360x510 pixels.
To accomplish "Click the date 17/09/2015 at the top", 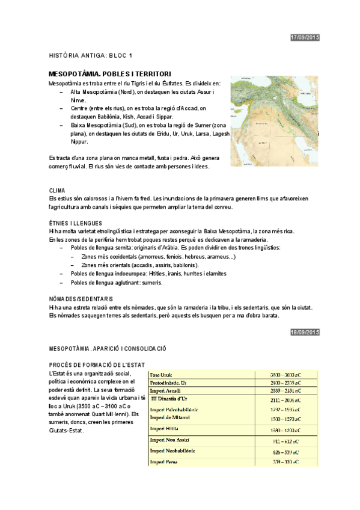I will [x=305, y=38].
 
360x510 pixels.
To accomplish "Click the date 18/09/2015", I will [x=305, y=332].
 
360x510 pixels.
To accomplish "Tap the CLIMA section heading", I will [x=57, y=190].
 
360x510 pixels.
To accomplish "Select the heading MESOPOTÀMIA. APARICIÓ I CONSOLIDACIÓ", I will [x=107, y=349].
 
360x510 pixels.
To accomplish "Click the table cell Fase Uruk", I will [x=161, y=375].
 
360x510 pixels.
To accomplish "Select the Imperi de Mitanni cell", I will [x=169, y=417].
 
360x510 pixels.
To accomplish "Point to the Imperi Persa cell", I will [x=162, y=462].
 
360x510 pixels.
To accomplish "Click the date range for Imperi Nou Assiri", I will [x=285, y=441].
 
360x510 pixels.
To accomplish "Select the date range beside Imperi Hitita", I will [x=285, y=430].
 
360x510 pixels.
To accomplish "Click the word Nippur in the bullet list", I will [x=80, y=143].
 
